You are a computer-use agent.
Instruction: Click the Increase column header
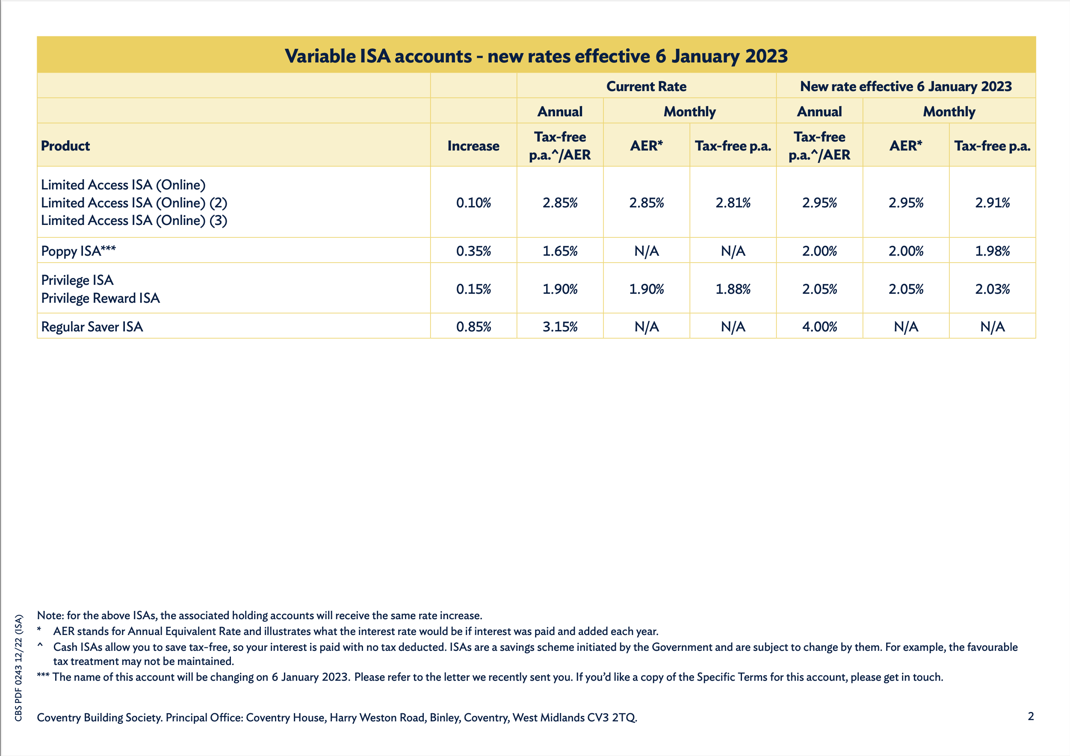point(473,146)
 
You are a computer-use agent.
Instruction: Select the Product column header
point(65,146)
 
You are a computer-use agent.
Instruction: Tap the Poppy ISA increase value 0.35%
point(473,251)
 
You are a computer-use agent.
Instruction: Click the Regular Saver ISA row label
point(92,327)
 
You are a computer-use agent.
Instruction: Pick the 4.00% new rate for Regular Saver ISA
point(819,327)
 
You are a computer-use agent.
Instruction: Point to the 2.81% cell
point(733,203)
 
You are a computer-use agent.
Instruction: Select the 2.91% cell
point(992,203)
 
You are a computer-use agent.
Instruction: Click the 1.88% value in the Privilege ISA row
point(733,289)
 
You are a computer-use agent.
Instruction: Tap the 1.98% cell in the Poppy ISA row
point(992,251)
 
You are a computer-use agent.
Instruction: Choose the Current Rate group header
point(646,86)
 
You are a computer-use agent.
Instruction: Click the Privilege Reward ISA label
point(100,298)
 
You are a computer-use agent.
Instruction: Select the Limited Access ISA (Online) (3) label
point(134,221)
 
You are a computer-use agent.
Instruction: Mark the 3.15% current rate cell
point(560,327)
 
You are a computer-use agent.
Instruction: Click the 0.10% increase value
point(473,203)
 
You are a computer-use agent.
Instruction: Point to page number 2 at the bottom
point(1030,716)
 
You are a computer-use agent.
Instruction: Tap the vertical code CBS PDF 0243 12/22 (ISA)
point(19,668)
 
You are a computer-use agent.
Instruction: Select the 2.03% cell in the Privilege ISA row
point(992,289)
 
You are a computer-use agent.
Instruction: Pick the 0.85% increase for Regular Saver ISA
point(473,327)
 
